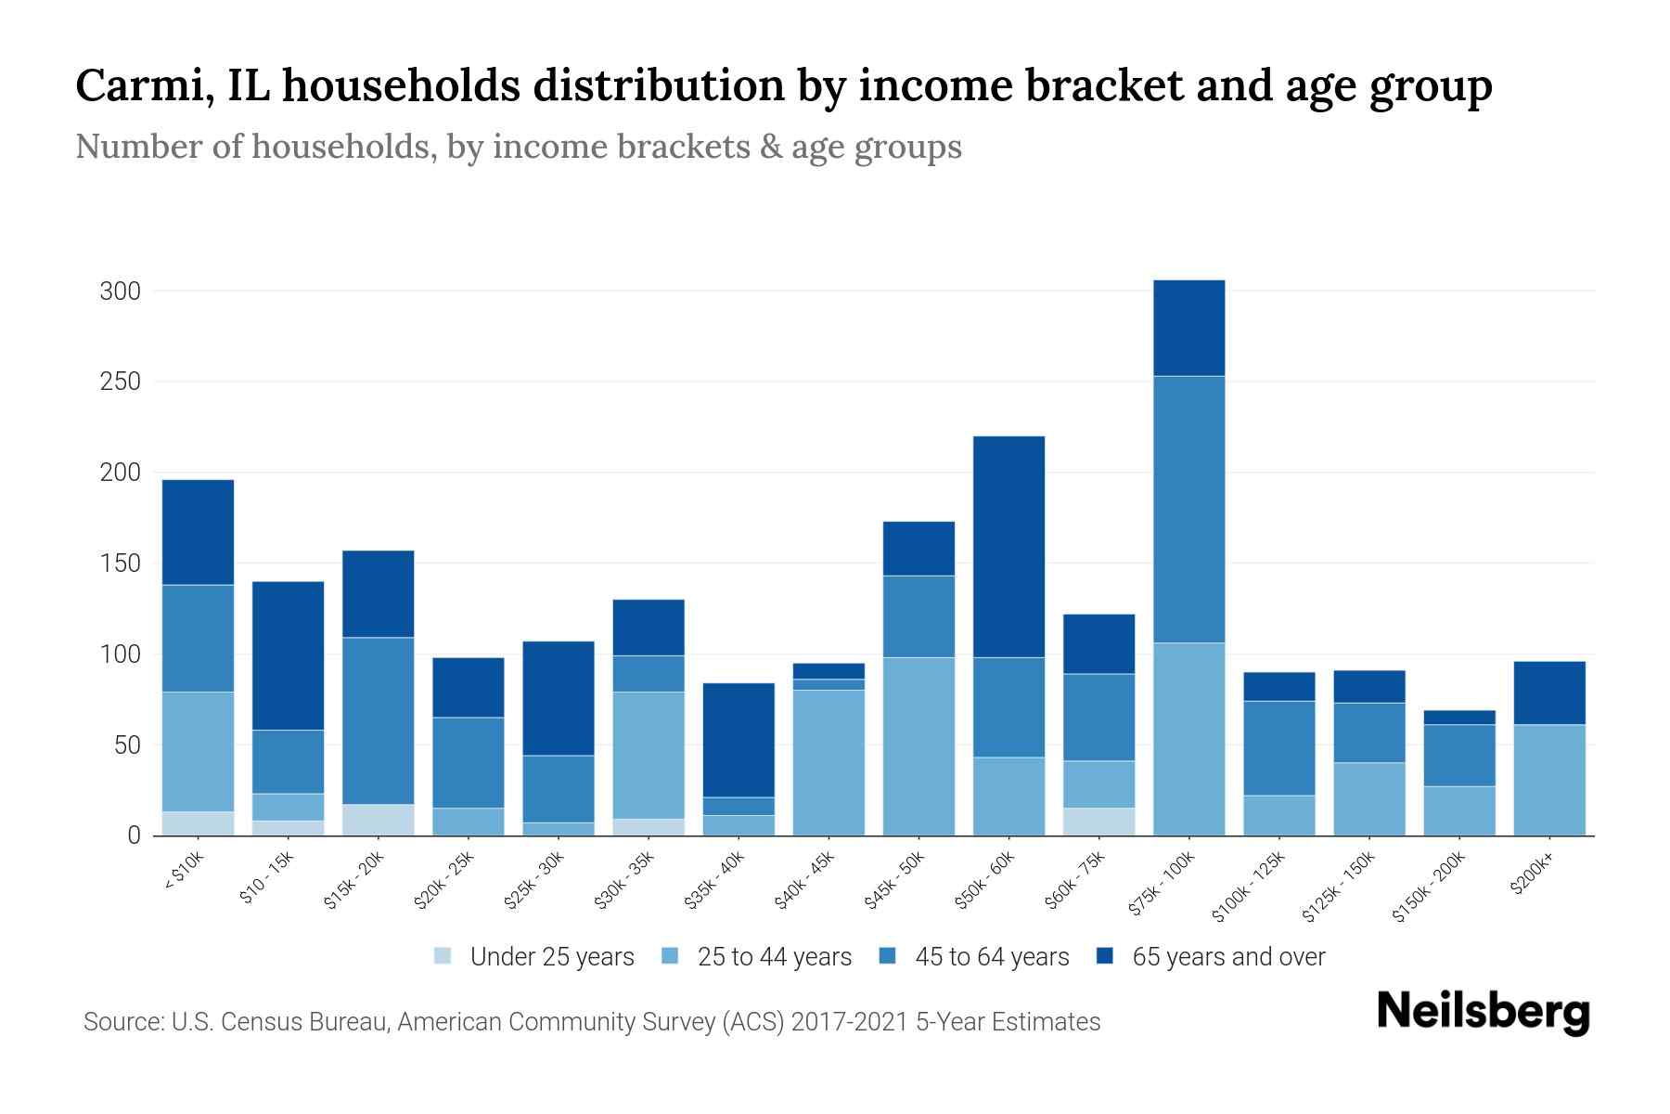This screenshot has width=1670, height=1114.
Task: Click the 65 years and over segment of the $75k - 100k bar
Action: pos(1188,328)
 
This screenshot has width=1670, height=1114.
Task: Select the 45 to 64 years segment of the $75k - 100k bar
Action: pos(1188,509)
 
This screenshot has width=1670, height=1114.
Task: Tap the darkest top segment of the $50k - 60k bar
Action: pos(1008,546)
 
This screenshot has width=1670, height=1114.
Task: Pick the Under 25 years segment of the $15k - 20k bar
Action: pos(379,820)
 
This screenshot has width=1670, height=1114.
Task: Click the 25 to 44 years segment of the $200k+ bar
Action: pos(1548,780)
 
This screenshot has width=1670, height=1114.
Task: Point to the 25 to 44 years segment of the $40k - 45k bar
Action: pos(829,762)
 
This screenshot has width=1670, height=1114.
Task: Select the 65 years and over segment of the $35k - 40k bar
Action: pos(739,740)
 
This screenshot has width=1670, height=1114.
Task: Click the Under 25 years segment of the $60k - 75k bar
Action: pos(1098,822)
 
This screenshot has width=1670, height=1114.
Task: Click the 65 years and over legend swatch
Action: pos(1104,956)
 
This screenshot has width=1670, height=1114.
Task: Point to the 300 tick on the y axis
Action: pos(120,291)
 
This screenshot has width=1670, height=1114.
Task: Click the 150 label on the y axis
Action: pos(120,564)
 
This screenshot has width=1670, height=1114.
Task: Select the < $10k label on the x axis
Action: pos(183,871)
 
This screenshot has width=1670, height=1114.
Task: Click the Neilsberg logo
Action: pos(1483,1013)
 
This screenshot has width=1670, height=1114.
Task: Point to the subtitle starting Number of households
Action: pos(518,147)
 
